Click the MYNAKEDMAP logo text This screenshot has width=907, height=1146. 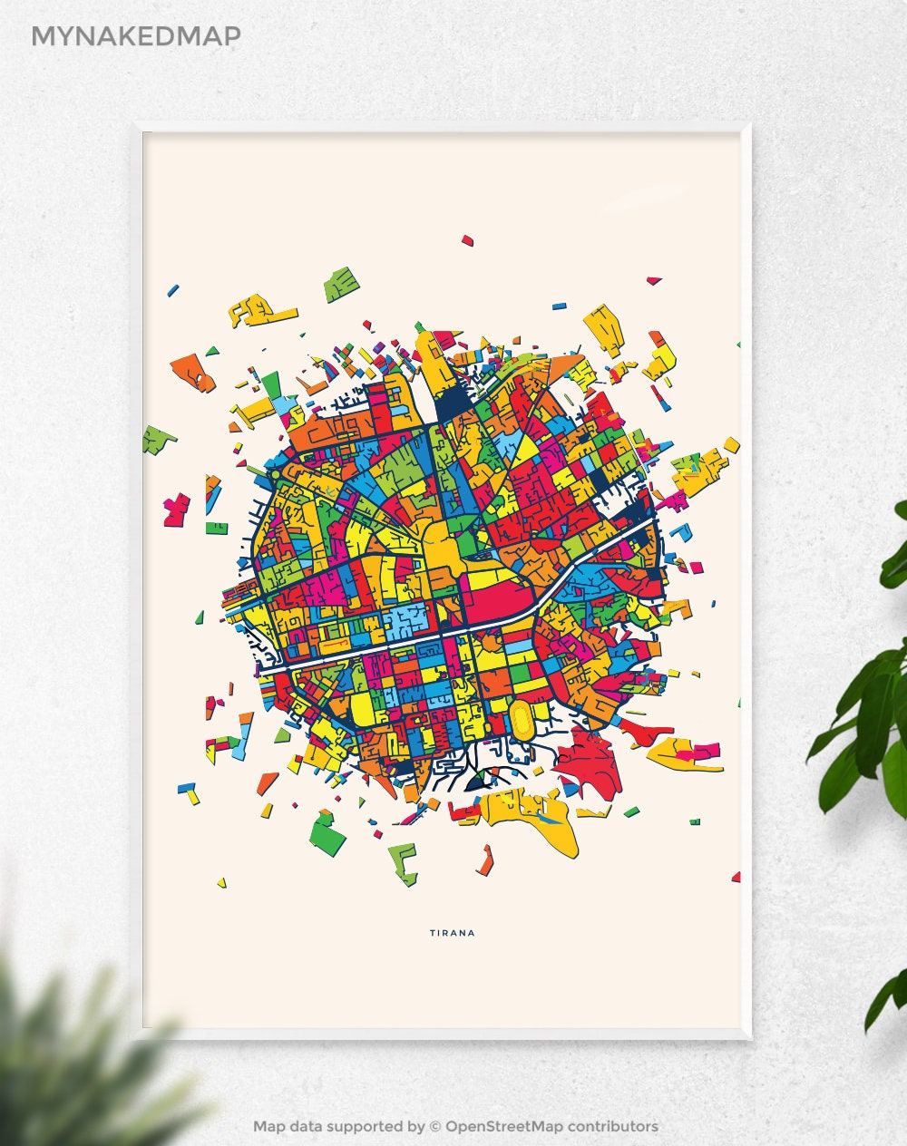pyautogui.click(x=136, y=35)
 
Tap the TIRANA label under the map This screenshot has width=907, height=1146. pyautogui.click(x=452, y=932)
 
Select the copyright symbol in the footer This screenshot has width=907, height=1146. pyautogui.click(x=435, y=1126)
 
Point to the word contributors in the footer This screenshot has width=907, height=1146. pyautogui.click(x=613, y=1126)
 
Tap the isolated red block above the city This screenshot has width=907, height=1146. pyautogui.click(x=468, y=240)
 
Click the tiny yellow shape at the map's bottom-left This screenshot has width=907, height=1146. pyautogui.click(x=221, y=881)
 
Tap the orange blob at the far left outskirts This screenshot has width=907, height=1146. pyautogui.click(x=192, y=370)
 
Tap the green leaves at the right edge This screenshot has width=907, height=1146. pyautogui.click(x=871, y=689)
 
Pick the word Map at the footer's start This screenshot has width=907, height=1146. pyautogui.click(x=269, y=1126)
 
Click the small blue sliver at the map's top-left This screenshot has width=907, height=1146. pyautogui.click(x=172, y=290)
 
